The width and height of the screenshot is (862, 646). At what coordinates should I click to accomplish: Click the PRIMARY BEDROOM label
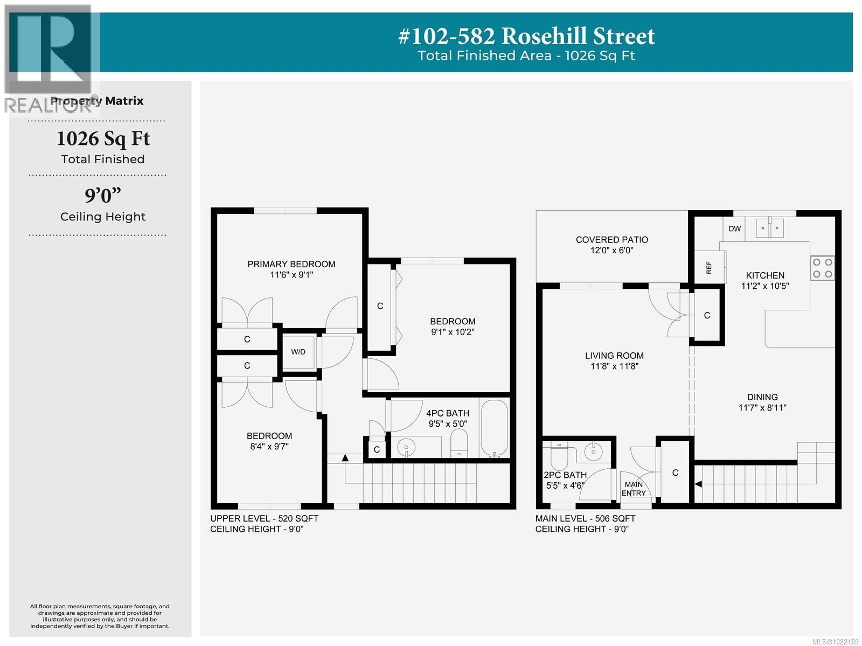[x=291, y=264]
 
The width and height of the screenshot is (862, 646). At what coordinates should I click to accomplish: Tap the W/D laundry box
[x=298, y=352]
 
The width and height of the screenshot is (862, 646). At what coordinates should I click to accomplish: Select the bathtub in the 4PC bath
[x=494, y=428]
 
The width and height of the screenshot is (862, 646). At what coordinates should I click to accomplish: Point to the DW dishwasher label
[x=735, y=228]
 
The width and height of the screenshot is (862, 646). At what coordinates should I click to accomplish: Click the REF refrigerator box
[x=709, y=267]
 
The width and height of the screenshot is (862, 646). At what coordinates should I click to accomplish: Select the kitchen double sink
[x=769, y=228]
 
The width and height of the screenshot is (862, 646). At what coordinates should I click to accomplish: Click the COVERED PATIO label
[x=611, y=240]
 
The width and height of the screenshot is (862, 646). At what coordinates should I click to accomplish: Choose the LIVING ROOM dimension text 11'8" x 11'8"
[x=614, y=366]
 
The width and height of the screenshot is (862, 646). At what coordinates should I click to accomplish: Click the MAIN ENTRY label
[x=634, y=489]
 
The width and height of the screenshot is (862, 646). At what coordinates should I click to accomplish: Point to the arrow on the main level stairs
[x=699, y=484]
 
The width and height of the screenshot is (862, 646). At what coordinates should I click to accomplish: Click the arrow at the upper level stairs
[x=345, y=458]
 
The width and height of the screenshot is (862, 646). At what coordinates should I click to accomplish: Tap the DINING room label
[x=762, y=397]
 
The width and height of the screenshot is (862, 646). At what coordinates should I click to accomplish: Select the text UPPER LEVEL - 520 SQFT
[x=264, y=518]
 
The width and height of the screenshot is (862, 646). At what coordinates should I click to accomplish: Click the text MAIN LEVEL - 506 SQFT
[x=585, y=518]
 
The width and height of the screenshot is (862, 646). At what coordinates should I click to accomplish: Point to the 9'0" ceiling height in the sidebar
[x=102, y=195]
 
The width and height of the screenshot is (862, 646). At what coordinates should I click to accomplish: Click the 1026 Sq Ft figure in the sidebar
[x=103, y=139]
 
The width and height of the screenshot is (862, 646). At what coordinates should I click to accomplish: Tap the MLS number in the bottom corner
[x=835, y=641]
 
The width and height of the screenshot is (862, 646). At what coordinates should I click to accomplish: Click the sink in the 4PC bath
[x=406, y=447]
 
